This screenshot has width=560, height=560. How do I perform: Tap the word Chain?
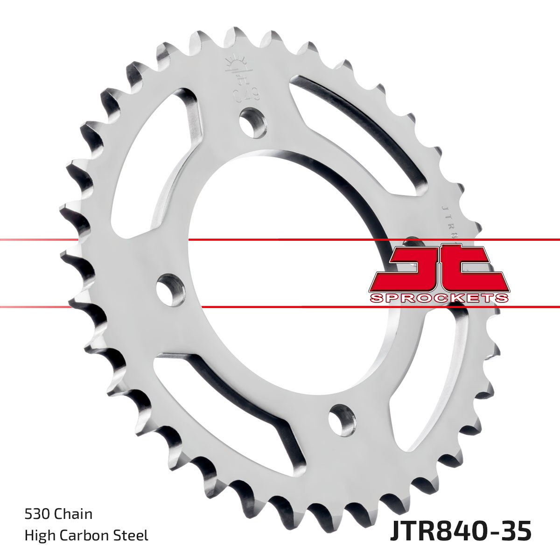pyautogui.click(x=73, y=514)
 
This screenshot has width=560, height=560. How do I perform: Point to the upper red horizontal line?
pyautogui.click(x=280, y=239)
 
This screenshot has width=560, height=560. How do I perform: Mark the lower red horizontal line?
pyautogui.click(x=280, y=307)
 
